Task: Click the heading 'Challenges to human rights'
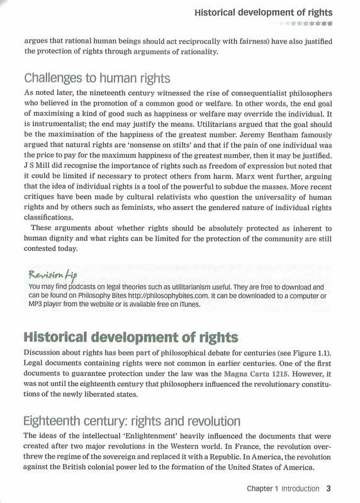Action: (97, 79)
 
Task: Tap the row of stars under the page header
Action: (308, 23)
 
